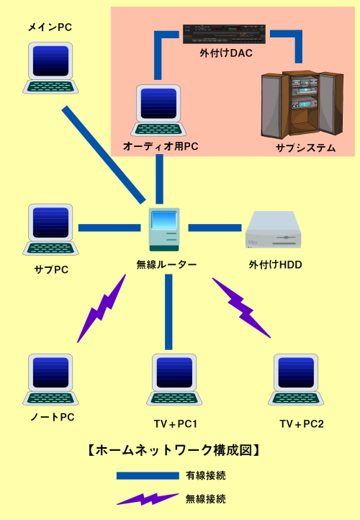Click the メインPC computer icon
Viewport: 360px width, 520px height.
pyautogui.click(x=50, y=67)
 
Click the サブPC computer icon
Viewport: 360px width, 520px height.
pyautogui.click(x=50, y=229)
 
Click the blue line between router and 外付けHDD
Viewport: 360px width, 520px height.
pyautogui.click(x=215, y=228)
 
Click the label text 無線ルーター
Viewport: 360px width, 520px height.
pyautogui.click(x=166, y=264)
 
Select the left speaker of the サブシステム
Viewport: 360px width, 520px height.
pyautogui.click(x=271, y=106)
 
